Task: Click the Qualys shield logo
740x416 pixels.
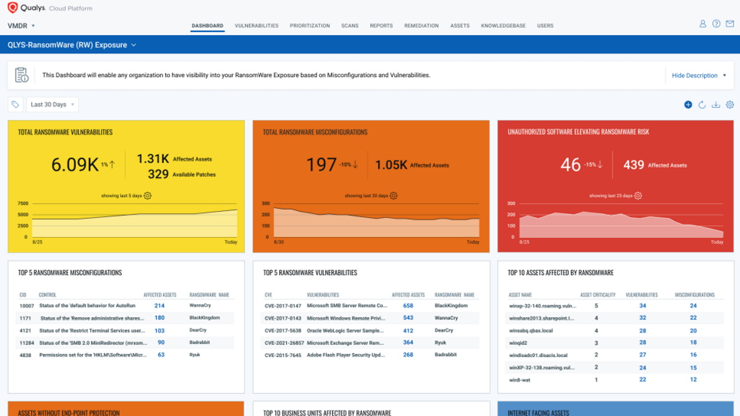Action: pyautogui.click(x=12, y=8)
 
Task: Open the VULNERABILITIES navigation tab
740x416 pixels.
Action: pyautogui.click(x=256, y=26)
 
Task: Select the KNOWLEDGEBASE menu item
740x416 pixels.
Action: pyautogui.click(x=503, y=26)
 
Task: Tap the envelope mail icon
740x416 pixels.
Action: pyautogui.click(x=730, y=24)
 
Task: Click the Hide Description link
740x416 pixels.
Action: pyautogui.click(x=694, y=76)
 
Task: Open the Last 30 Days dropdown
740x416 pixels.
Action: pyautogui.click(x=52, y=105)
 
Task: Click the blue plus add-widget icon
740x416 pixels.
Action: pyautogui.click(x=688, y=105)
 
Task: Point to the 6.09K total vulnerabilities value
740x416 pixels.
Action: pyautogui.click(x=75, y=165)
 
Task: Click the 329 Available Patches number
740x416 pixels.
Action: pyautogui.click(x=158, y=174)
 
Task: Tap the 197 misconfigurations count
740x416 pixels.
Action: pyautogui.click(x=321, y=165)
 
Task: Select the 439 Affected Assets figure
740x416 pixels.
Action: pyautogui.click(x=634, y=165)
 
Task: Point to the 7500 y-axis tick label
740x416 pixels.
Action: pyautogui.click(x=23, y=203)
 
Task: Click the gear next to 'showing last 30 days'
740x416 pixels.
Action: pyautogui.click(x=394, y=196)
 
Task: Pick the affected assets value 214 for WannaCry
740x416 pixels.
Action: pyautogui.click(x=159, y=306)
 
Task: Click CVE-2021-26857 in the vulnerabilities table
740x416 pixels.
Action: pyautogui.click(x=283, y=343)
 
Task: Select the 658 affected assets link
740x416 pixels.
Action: pyautogui.click(x=408, y=306)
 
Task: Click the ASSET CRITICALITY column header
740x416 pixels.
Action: pyautogui.click(x=598, y=295)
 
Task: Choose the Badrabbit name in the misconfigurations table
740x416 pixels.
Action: pyautogui.click(x=200, y=342)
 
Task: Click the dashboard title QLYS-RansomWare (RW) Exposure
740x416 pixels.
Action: pyautogui.click(x=67, y=45)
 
